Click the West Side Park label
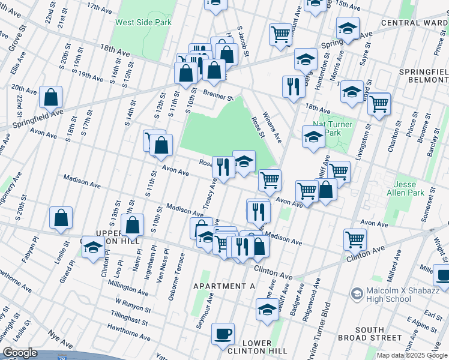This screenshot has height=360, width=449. coord(143,22)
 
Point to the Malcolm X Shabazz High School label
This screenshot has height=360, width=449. coord(389,295)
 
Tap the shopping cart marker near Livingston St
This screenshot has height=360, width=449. coord(379,104)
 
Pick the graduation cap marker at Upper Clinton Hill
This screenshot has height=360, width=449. coord(93,247)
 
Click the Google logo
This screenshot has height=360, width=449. coord(20,353)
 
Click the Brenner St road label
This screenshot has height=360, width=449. coord(217,95)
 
